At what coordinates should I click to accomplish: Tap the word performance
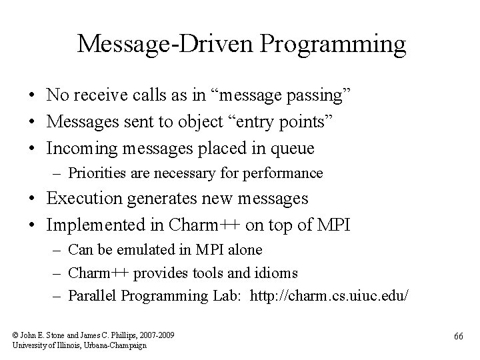[285, 173]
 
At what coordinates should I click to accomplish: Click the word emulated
[158, 250]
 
